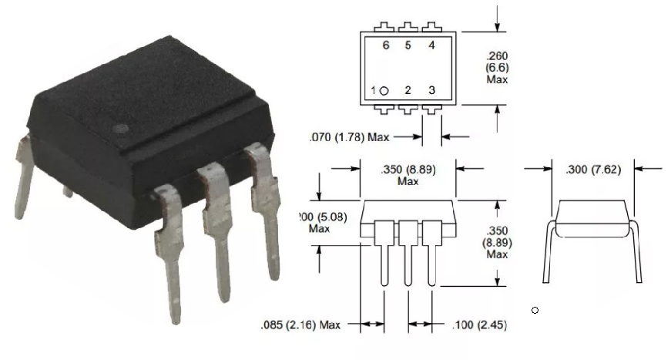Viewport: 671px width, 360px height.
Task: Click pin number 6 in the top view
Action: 385,45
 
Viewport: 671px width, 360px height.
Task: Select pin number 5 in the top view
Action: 408,45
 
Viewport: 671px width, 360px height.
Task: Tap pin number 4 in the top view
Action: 431,45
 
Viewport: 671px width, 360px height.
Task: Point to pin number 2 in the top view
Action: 408,90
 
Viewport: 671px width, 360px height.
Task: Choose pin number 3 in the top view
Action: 431,90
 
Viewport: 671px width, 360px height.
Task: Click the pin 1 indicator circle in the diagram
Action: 384,91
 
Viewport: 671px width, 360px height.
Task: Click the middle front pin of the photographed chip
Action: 218,231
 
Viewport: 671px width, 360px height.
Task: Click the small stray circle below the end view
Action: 535,311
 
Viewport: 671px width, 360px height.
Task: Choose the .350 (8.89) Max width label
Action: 408,175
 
